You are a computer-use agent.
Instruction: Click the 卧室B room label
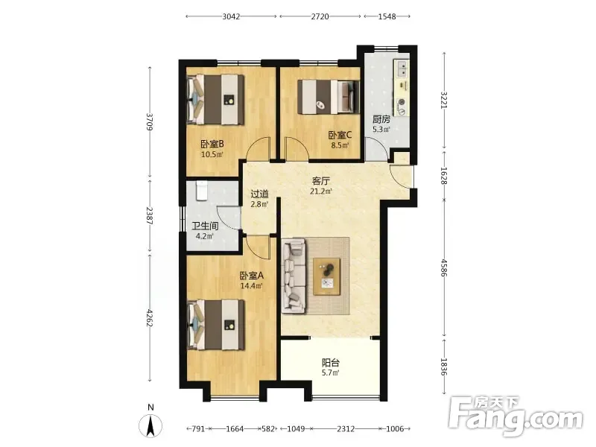(x=212, y=144)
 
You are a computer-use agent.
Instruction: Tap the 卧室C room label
(x=340, y=135)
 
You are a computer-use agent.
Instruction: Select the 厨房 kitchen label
(x=381, y=119)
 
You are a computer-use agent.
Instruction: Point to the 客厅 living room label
(x=321, y=181)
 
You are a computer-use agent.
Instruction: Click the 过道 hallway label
(x=259, y=194)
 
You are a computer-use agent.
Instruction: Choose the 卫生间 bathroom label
(x=205, y=226)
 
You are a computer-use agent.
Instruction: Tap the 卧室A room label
(x=251, y=276)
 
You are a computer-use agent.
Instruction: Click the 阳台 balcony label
(x=330, y=363)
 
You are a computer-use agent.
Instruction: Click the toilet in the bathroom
(x=201, y=191)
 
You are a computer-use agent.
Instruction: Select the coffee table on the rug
(x=326, y=276)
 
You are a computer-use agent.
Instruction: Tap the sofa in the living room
(x=294, y=276)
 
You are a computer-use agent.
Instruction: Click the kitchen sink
(x=402, y=69)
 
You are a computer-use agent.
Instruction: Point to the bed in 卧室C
(x=328, y=97)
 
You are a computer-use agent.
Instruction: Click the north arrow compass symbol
(x=150, y=425)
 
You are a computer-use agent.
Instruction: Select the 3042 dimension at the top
(x=231, y=16)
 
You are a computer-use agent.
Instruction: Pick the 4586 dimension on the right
(x=444, y=267)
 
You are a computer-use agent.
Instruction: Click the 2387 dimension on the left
(x=150, y=215)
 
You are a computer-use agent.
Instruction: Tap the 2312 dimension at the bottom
(x=346, y=429)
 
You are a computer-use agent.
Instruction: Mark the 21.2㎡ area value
(x=321, y=191)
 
